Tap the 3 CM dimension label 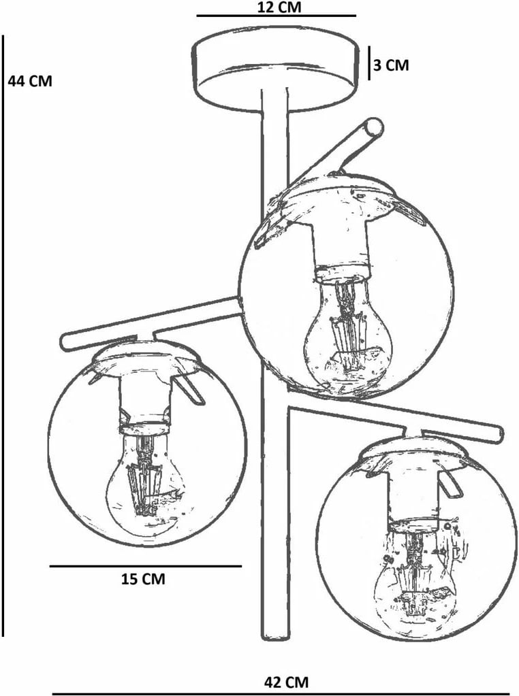391,65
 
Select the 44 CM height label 30,81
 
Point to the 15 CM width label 143,579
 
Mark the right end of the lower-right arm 498,435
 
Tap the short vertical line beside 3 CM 368,63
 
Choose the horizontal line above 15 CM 145,566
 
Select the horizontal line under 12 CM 277,16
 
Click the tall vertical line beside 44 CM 3,335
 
